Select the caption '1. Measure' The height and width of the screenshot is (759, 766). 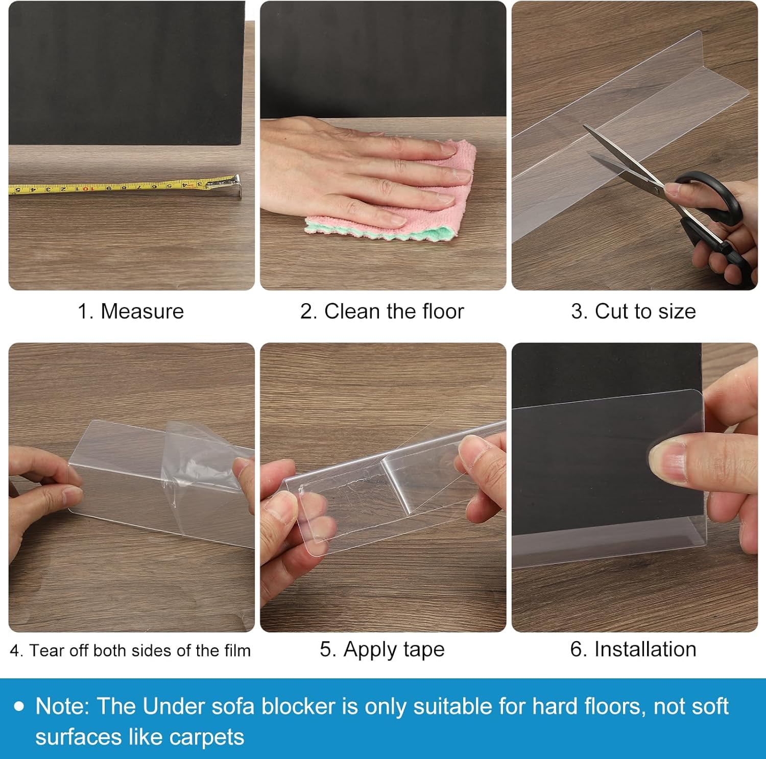tap(131, 311)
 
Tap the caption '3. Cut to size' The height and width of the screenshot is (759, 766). tap(633, 311)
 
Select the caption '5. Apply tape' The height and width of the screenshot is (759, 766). tap(382, 649)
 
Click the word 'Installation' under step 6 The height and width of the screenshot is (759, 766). tap(645, 649)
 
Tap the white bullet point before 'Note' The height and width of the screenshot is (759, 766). tap(19, 706)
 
